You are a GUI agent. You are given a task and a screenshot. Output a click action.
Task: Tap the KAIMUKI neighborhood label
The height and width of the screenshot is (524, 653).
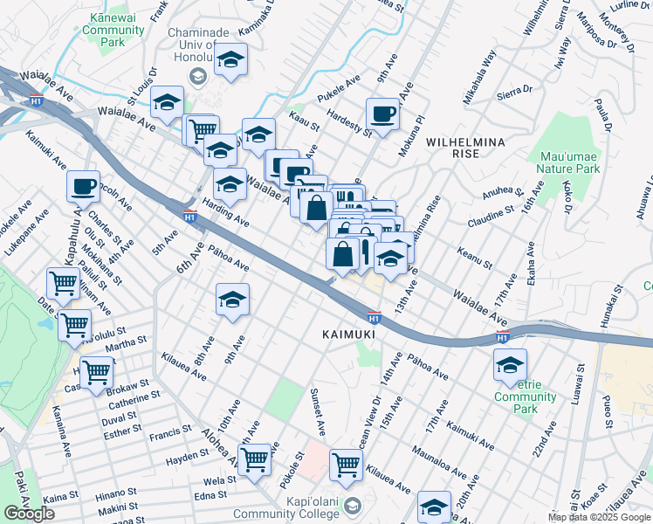click(x=348, y=334)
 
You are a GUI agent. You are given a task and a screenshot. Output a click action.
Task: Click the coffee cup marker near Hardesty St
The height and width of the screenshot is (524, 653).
click(x=383, y=114)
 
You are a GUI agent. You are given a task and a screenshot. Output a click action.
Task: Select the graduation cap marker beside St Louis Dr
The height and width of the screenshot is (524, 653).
click(x=167, y=103)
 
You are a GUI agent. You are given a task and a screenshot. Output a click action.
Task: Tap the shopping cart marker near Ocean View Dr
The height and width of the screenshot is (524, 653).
click(x=347, y=465)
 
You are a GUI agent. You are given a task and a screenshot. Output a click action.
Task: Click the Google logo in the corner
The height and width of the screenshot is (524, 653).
click(x=30, y=514)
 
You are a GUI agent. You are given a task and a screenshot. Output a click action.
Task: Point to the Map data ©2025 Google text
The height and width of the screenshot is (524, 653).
click(x=599, y=517)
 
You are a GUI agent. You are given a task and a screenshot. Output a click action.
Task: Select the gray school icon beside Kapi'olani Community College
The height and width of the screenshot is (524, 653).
click(x=352, y=506)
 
